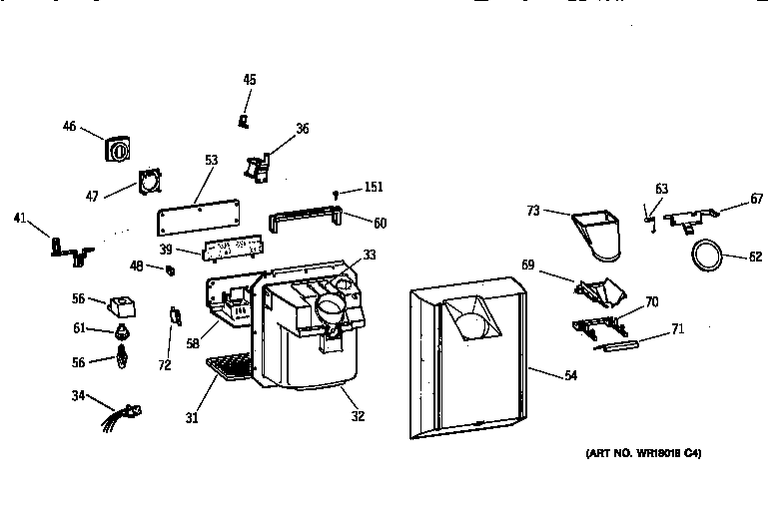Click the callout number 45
249,79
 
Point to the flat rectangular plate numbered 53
200,217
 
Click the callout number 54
570,375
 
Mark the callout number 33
370,255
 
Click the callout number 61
79,328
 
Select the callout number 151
373,187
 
